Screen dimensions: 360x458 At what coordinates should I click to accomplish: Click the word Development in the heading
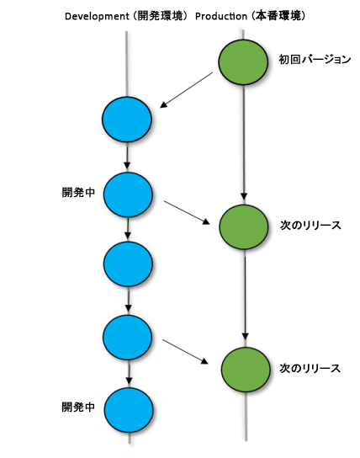coord(97,16)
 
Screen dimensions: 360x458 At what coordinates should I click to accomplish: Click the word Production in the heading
coord(221,16)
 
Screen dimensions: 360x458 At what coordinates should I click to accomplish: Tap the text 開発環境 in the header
coord(160,16)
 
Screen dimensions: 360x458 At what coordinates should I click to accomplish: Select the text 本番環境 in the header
coord(278,16)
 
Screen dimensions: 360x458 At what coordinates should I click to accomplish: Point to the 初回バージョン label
coord(315,60)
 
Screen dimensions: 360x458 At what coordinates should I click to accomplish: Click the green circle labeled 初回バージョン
coord(243,62)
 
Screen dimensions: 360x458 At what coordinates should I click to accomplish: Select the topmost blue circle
coord(127,120)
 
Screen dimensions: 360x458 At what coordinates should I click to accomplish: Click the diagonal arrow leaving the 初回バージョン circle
coord(187,90)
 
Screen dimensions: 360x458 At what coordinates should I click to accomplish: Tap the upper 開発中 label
coord(78,193)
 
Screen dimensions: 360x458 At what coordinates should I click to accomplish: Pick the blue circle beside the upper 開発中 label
coord(128,194)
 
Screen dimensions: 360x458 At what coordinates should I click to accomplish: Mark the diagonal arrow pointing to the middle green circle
coord(187,213)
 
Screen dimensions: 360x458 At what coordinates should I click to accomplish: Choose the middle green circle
coord(244,227)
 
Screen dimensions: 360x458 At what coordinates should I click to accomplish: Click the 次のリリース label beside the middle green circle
coord(310,226)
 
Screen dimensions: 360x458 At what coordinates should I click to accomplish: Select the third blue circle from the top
coord(128,264)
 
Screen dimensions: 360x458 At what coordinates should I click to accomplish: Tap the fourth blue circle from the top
coord(128,338)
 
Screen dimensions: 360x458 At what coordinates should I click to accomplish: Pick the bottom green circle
coord(246,370)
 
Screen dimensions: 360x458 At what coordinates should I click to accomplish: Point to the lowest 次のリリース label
coord(310,369)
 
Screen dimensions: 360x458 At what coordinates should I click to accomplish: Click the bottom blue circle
coord(129,410)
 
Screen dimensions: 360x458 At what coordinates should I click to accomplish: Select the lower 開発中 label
coord(78,407)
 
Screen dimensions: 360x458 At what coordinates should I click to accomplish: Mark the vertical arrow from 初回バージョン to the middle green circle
coord(244,143)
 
